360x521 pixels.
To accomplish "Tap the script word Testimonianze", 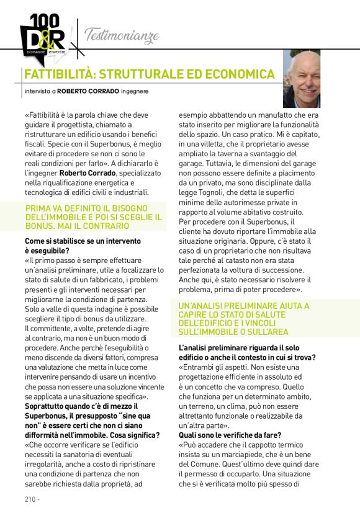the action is (x=122, y=34).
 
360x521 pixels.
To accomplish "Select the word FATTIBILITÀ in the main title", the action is (x=59, y=74).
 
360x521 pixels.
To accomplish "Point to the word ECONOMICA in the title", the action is (x=239, y=74).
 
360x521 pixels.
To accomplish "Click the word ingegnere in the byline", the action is (x=135, y=92).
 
